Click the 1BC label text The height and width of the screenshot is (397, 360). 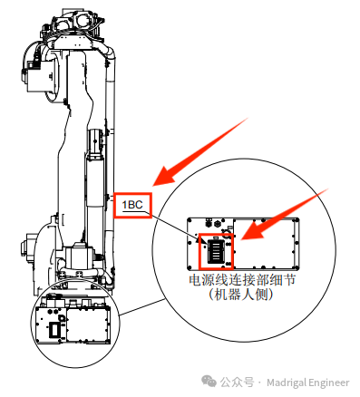coord(133,205)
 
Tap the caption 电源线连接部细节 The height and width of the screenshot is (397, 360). coord(240,281)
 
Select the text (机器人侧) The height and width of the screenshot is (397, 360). coord(240,295)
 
